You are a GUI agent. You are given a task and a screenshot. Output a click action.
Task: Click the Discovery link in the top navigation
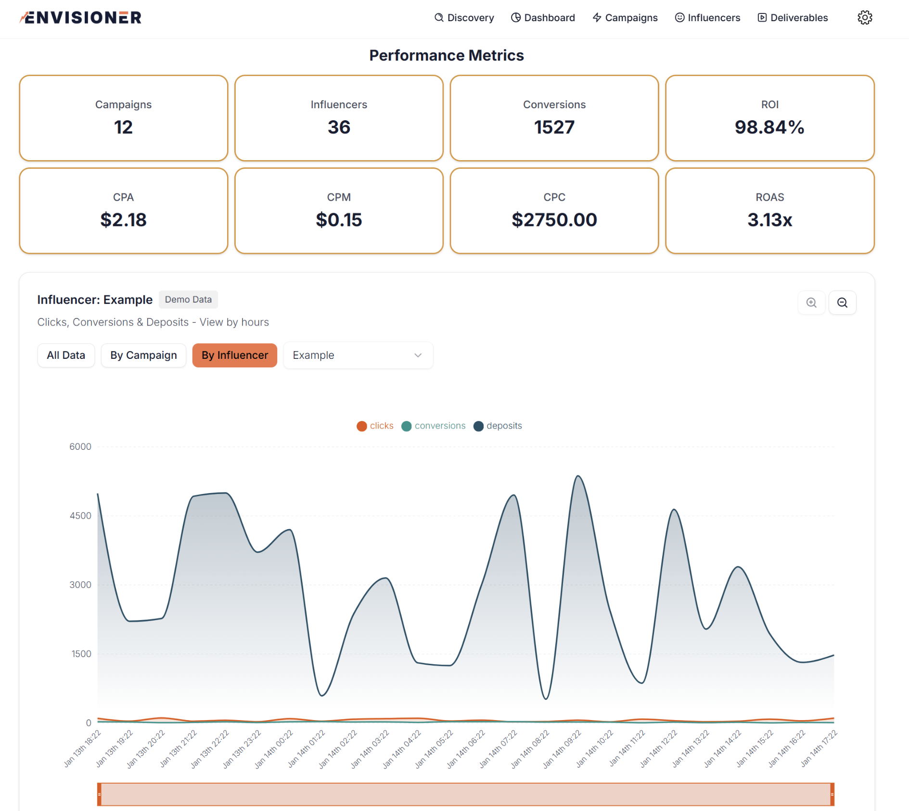tap(464, 18)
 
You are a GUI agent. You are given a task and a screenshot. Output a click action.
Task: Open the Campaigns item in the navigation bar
tap(625, 18)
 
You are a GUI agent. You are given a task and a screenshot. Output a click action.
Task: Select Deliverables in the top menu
tap(793, 18)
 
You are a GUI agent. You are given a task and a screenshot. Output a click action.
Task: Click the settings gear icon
tap(865, 18)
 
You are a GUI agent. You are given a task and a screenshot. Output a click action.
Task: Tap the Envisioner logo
tap(81, 18)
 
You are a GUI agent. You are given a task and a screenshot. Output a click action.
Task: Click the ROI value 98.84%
tap(769, 127)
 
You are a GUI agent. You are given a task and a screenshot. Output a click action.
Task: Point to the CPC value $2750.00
tap(554, 220)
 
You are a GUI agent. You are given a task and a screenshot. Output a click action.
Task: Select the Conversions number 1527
tap(554, 127)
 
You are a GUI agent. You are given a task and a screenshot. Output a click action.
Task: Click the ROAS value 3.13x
tap(769, 220)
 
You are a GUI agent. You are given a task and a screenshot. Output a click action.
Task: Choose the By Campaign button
tap(143, 355)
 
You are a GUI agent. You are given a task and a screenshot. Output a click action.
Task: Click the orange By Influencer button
tap(235, 355)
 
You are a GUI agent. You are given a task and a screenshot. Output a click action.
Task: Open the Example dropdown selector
tap(358, 355)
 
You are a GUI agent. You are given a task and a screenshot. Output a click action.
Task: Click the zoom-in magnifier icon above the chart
tap(811, 303)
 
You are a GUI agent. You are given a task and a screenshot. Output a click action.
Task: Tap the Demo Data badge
tap(188, 300)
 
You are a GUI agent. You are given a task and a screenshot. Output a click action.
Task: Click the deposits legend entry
tap(498, 426)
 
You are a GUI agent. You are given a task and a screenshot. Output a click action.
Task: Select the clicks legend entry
tap(375, 426)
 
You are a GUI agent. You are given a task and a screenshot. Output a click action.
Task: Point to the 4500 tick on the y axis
tap(80, 516)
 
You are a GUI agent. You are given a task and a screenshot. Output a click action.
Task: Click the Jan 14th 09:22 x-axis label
tap(563, 749)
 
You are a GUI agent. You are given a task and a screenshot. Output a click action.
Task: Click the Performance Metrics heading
tap(447, 56)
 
